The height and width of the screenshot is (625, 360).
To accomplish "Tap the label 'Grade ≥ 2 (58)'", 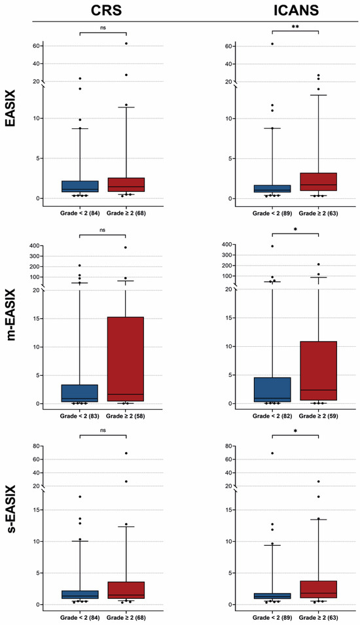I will click(x=125, y=416).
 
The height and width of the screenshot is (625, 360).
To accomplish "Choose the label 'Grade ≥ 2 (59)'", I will click(x=318, y=416).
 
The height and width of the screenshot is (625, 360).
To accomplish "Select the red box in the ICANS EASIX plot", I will click(x=318, y=182).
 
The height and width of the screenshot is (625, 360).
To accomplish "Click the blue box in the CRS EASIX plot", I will click(x=80, y=187).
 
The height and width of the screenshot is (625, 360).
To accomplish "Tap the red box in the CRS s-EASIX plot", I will click(x=125, y=590).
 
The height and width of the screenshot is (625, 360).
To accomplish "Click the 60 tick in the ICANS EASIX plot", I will click(x=230, y=46).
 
